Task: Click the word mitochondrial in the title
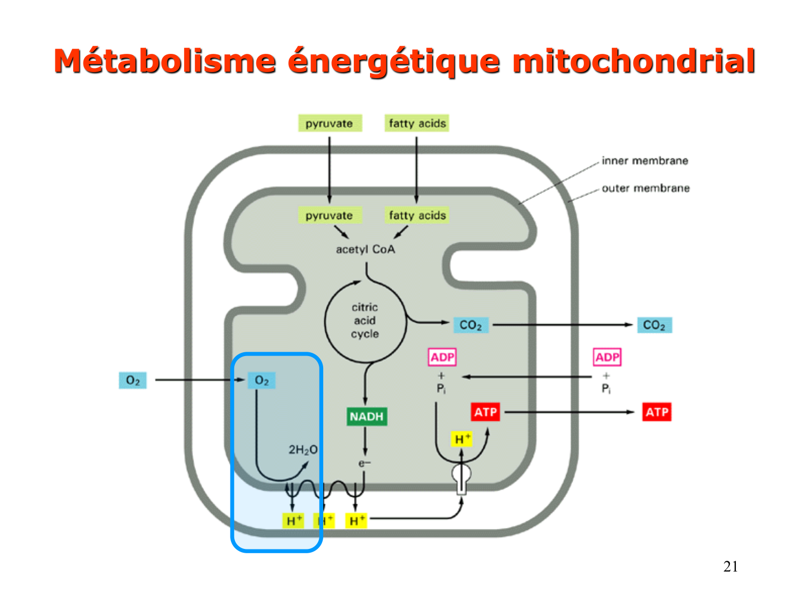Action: pos(633,61)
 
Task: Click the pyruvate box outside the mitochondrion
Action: pos(330,123)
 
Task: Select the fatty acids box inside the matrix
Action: pos(417,215)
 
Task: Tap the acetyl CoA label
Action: pos(365,249)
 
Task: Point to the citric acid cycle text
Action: pos(365,321)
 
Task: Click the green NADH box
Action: pos(366,416)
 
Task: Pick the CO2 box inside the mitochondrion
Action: pos(470,325)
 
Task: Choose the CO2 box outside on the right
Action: pos(654,325)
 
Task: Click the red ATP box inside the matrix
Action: pos(485,412)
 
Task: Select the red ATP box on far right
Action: pos(657,412)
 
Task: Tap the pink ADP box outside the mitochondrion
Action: pos(607,357)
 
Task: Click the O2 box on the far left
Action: pos(133,380)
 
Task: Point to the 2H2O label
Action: pos(303,450)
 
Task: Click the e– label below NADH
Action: pos(365,463)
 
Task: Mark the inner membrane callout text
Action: pos(645,161)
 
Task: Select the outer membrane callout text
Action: pos(645,188)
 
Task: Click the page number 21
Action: pos(730,566)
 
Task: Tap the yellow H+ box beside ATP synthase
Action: pos(462,439)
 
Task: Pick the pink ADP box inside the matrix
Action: pos(442,357)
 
